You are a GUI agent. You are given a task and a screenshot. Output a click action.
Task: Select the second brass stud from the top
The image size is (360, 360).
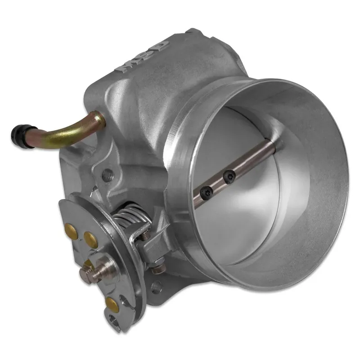(90, 237)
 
